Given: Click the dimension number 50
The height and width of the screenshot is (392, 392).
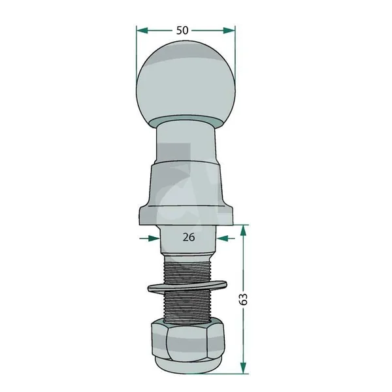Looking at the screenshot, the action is pyautogui.click(x=182, y=31).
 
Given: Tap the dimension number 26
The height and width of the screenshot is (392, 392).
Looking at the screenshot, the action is pyautogui.click(x=189, y=237).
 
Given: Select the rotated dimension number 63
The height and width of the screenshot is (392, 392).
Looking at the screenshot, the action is pyautogui.click(x=243, y=299).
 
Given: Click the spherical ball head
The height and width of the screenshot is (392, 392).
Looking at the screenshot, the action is pyautogui.click(x=186, y=83).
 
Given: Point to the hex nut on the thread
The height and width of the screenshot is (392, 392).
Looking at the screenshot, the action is pyautogui.click(x=188, y=341).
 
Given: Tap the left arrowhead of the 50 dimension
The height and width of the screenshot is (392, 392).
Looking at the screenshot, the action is pyautogui.click(x=142, y=31).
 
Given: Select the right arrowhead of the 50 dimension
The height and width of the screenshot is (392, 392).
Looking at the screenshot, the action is pyautogui.click(x=229, y=31).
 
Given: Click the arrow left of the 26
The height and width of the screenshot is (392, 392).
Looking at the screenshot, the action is pyautogui.click(x=150, y=238).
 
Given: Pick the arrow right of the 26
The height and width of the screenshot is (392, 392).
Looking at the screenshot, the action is pyautogui.click(x=225, y=238).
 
